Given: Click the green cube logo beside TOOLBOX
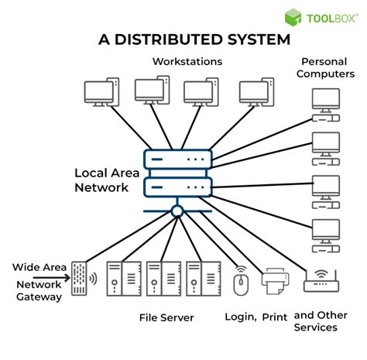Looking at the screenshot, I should (293, 17).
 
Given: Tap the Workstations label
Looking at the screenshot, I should (187, 61).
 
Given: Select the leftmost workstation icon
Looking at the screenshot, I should (101, 91).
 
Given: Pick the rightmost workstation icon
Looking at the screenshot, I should (256, 91).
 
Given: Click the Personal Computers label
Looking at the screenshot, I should (328, 67).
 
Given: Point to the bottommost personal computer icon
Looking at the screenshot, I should (325, 233).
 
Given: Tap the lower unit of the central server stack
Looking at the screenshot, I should (177, 187).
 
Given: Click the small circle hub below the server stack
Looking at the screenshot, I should (177, 211).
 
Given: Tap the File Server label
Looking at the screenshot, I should (166, 317).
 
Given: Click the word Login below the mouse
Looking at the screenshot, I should (241, 317).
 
